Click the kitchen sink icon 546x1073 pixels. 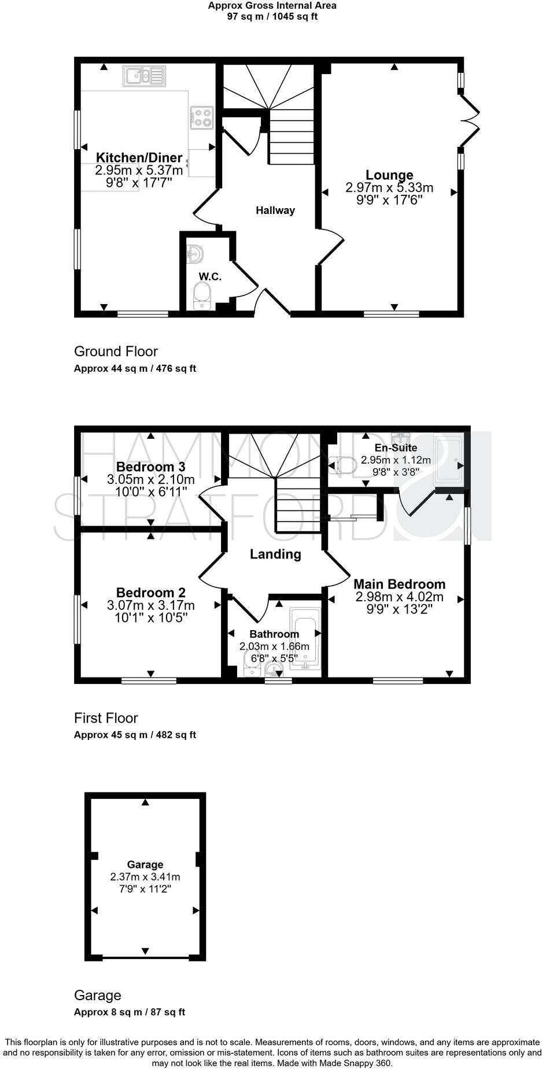(x=144, y=76)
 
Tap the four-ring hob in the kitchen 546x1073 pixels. (x=202, y=118)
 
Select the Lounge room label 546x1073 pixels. (x=389, y=175)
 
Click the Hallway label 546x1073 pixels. (x=275, y=210)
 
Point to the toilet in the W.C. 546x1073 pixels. (x=202, y=295)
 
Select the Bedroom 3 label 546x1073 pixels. (x=150, y=467)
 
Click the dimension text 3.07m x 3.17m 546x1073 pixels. (x=150, y=605)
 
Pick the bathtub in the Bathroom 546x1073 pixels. (x=305, y=638)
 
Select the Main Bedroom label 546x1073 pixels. (x=399, y=584)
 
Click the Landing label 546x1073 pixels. (x=275, y=554)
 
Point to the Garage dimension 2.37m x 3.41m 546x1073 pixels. (x=145, y=877)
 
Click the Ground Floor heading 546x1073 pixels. (x=116, y=351)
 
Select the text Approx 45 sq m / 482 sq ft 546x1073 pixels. (x=135, y=735)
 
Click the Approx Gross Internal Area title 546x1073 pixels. (x=272, y=5)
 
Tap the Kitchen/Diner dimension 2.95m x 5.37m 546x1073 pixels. (x=139, y=170)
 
